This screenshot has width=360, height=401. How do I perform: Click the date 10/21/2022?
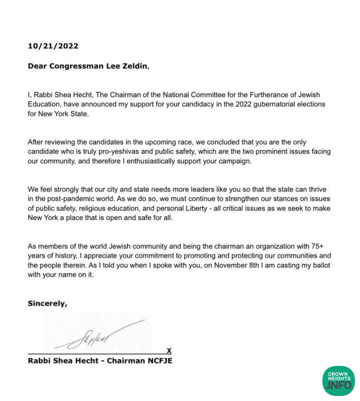[53, 46]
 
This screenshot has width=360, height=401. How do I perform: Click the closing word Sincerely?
[47, 303]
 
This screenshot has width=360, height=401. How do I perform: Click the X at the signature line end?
[169, 350]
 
